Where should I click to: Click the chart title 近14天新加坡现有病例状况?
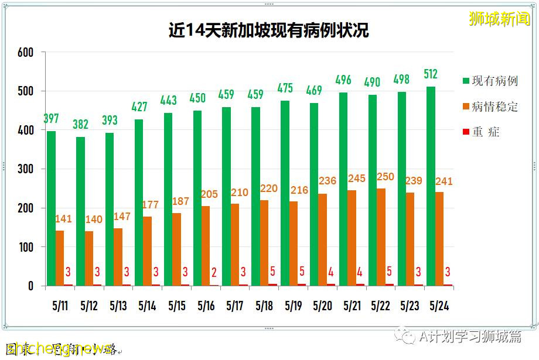pyautogui.click(x=269, y=30)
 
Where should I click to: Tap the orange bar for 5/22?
pyautogui.click(x=381, y=237)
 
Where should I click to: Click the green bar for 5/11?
pyautogui.click(x=52, y=208)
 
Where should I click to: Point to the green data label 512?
pyautogui.click(x=431, y=74)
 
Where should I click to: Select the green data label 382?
pyautogui.click(x=81, y=124)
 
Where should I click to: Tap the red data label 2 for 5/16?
pyautogui.click(x=214, y=272)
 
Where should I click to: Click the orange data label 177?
pyautogui.click(x=151, y=205)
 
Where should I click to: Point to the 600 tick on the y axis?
pyautogui.click(x=25, y=52)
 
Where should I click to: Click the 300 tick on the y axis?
pyautogui.click(x=25, y=169)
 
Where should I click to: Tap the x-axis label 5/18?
pyautogui.click(x=264, y=306)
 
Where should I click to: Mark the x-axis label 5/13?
pyautogui.click(x=118, y=306)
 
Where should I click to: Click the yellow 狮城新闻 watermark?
pyautogui.click(x=500, y=19)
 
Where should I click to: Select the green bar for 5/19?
pyautogui.click(x=285, y=193)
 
